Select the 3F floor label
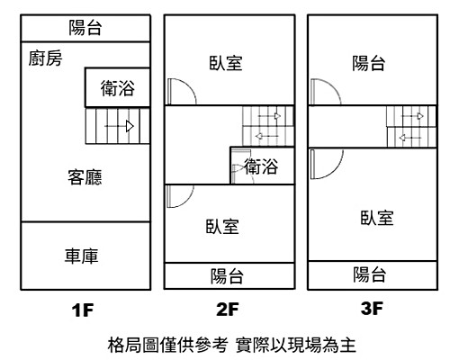tap(372, 310)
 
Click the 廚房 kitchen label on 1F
tap(44, 60)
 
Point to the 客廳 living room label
tap(84, 176)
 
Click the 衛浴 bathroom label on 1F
tap(118, 89)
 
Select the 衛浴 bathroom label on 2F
tap(261, 166)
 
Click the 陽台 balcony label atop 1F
tap(85, 28)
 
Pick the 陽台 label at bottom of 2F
tap(228, 275)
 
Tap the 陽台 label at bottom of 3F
tap(369, 274)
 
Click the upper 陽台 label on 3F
tap(369, 63)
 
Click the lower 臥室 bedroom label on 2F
tap(221, 227)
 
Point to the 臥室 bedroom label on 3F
tap(376, 218)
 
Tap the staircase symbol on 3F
tap(410, 125)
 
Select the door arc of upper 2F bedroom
tap(177, 92)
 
